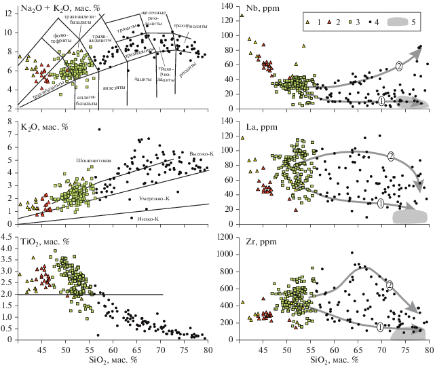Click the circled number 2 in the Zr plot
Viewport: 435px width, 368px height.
[x=389, y=284]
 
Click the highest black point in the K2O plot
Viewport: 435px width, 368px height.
[x=99, y=130]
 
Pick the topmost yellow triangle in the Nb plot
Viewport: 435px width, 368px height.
[x=242, y=16]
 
